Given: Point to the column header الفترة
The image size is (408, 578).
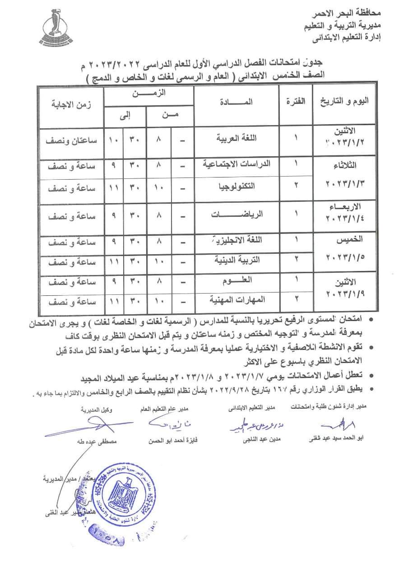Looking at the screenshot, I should tap(296, 102).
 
